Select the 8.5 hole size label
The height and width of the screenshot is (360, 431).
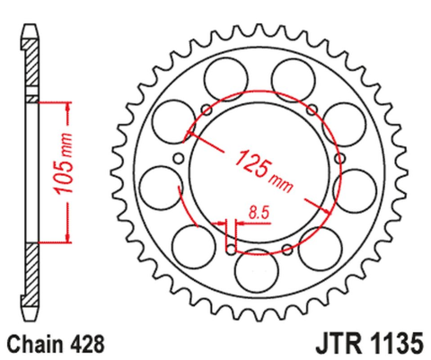click(259, 212)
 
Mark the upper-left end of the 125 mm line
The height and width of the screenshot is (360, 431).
click(187, 136)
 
